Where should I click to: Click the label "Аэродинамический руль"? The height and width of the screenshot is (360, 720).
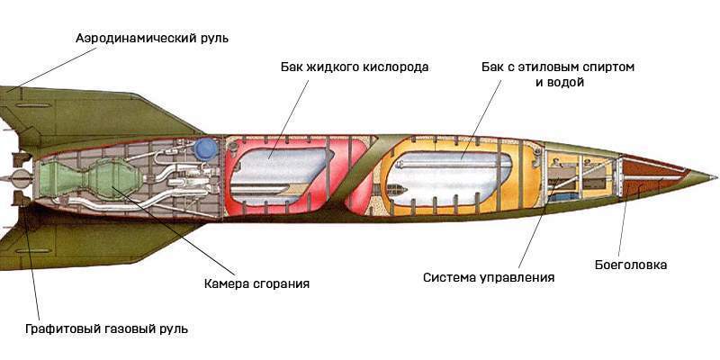click(152, 38)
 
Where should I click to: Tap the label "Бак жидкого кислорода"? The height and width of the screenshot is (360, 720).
click(355, 67)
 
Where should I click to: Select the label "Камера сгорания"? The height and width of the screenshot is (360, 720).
click(256, 283)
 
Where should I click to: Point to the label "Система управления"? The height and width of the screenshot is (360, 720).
click(489, 277)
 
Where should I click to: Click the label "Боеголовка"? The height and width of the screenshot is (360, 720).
click(631, 265)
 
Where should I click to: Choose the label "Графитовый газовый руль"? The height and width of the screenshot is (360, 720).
click(106, 328)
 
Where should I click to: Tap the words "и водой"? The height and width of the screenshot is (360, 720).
click(560, 83)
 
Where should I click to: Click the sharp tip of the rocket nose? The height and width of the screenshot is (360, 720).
click(716, 177)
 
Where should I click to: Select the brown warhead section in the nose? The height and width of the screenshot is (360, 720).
click(652, 177)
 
